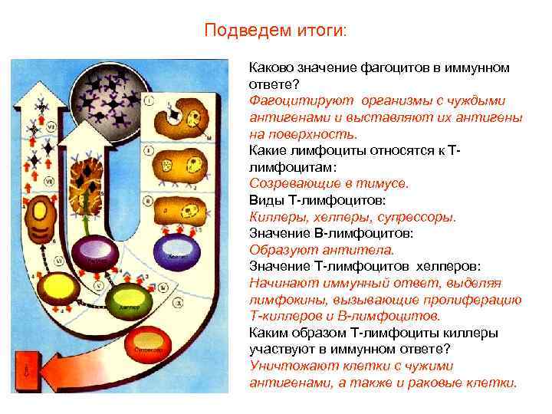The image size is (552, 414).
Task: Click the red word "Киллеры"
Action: coord(275,217)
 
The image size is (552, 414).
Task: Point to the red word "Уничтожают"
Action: coord(284,366)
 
